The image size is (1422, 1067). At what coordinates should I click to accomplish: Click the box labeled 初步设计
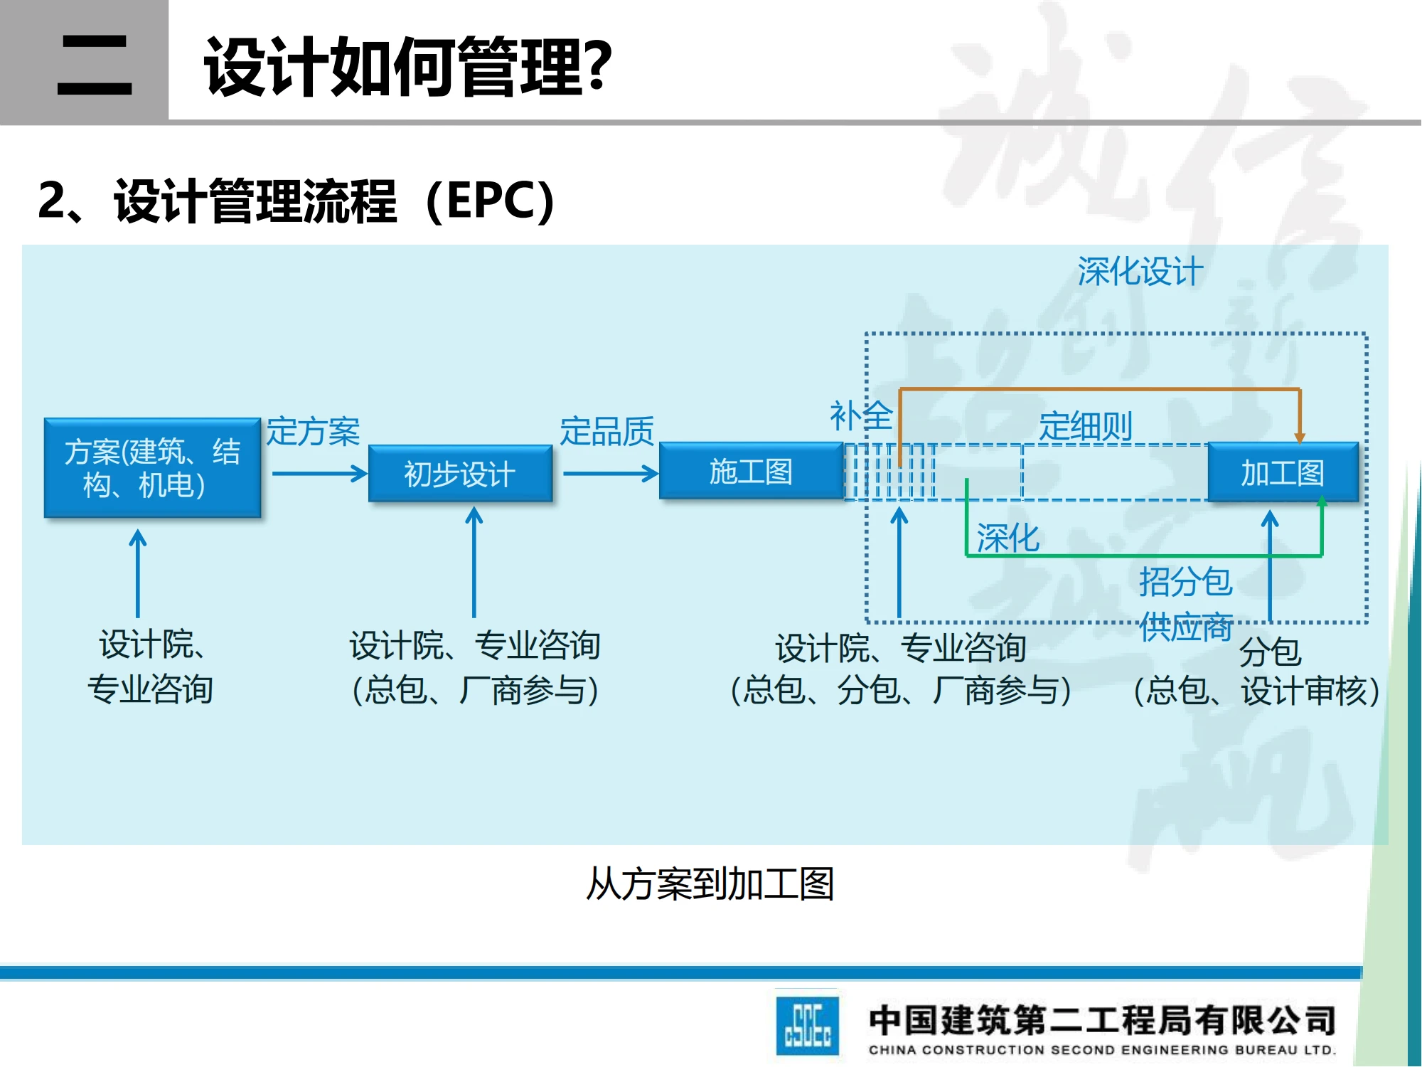click(460, 474)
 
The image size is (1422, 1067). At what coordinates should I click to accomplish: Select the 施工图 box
click(751, 471)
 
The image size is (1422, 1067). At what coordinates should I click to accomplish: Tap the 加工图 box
click(1283, 472)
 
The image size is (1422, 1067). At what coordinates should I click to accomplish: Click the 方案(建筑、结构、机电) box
click(152, 468)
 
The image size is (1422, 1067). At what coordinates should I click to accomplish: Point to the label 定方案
click(313, 432)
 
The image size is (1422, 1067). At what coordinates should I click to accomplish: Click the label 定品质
click(606, 431)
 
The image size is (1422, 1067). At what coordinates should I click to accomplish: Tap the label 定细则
click(1085, 427)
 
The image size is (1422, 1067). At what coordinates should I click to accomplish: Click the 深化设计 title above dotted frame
click(1140, 272)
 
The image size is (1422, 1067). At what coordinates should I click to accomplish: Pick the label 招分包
click(1185, 581)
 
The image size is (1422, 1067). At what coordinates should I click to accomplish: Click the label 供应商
click(1185, 627)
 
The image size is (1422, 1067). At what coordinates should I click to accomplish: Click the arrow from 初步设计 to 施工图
click(610, 474)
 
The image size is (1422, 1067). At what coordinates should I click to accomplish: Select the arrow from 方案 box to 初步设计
click(319, 474)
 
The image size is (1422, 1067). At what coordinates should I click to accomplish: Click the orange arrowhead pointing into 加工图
click(1299, 437)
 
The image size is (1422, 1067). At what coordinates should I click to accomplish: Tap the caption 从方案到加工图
click(710, 884)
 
